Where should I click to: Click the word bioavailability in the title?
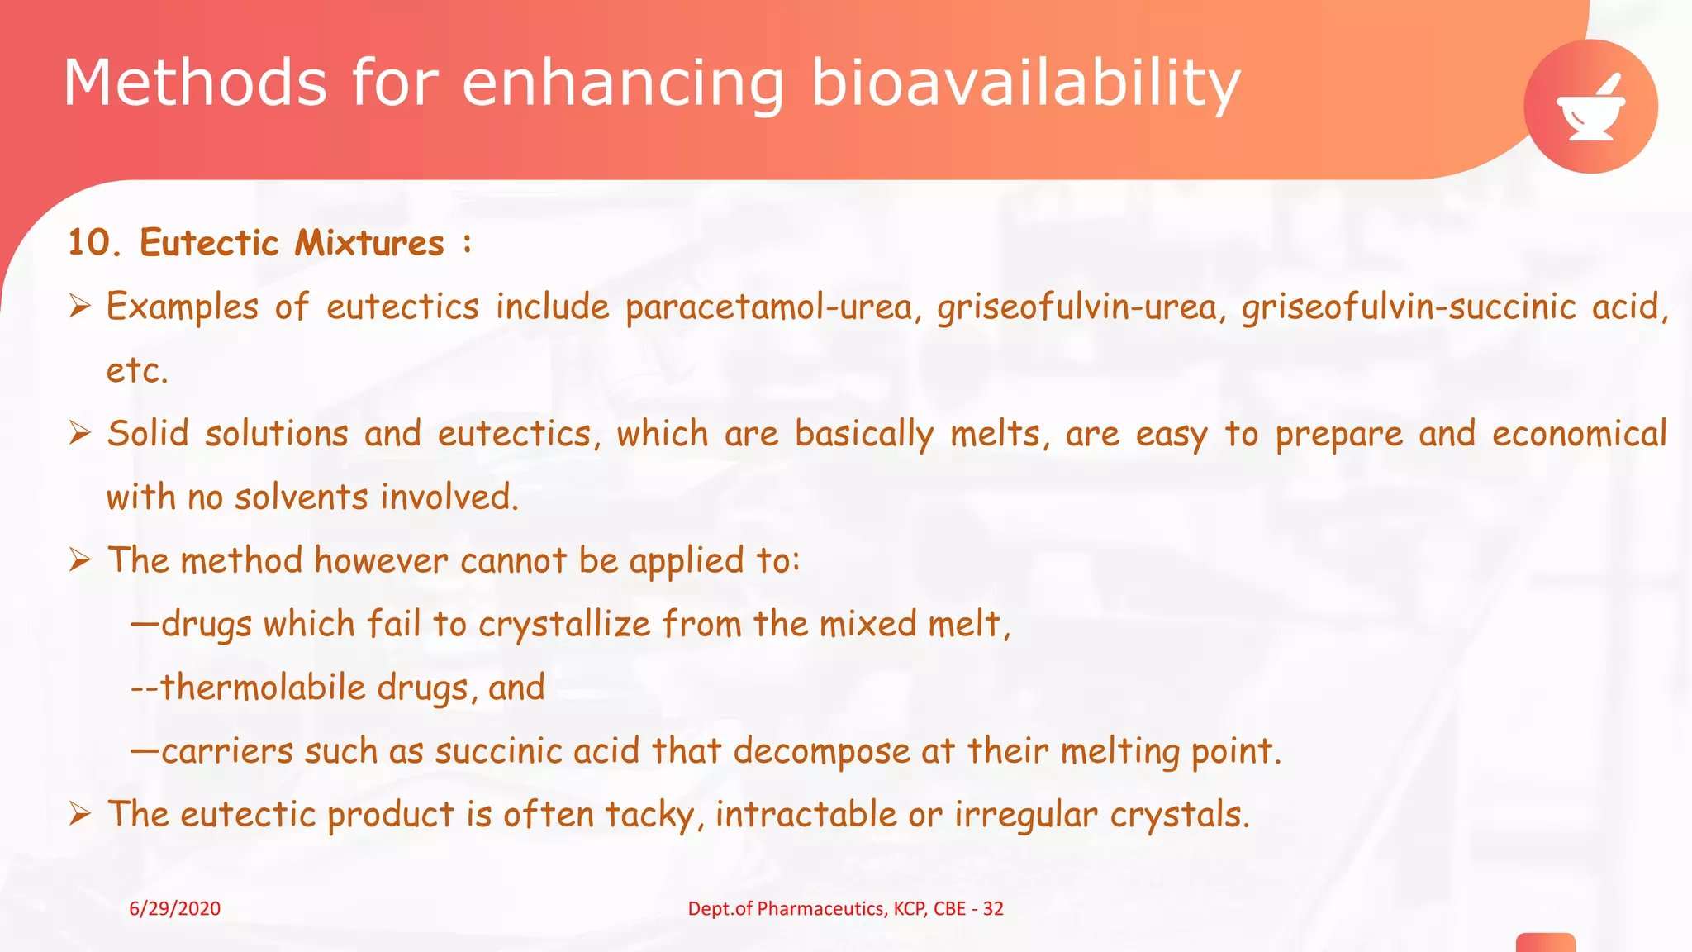pyautogui.click(x=1025, y=84)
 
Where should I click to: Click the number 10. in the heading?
pyautogui.click(x=93, y=243)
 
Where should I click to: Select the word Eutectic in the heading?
pyautogui.click(x=209, y=243)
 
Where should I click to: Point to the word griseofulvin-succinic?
pyautogui.click(x=1409, y=307)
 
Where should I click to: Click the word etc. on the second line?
pyautogui.click(x=137, y=370)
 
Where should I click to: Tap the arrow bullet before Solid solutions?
pyautogui.click(x=80, y=433)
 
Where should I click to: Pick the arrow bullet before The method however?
pyautogui.click(x=80, y=560)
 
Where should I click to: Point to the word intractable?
pyautogui.click(x=806, y=815)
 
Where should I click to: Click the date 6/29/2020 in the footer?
pyautogui.click(x=175, y=909)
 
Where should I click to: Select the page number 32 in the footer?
pyautogui.click(x=993, y=909)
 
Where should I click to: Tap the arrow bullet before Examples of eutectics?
pyautogui.click(x=80, y=307)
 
